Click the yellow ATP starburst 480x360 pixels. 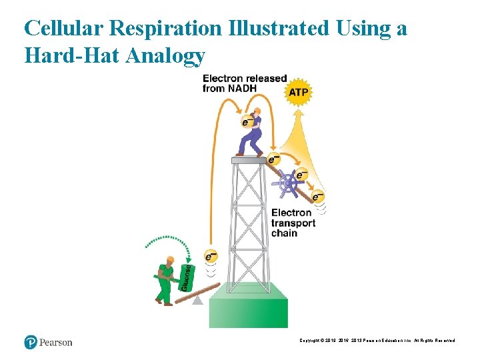(x=298, y=92)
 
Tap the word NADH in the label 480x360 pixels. (x=244, y=88)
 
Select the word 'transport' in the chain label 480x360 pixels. (x=293, y=223)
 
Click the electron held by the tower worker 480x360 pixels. (x=247, y=122)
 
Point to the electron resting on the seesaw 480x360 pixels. (x=211, y=257)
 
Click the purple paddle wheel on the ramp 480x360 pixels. (x=289, y=182)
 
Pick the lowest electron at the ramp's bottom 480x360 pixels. (x=318, y=197)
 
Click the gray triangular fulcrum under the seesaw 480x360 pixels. (x=197, y=300)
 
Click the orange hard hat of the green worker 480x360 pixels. (x=169, y=259)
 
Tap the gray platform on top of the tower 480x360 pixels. (x=249, y=160)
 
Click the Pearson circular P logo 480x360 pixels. (x=31, y=342)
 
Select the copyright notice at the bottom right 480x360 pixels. (x=378, y=340)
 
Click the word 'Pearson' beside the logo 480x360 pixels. (x=56, y=343)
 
